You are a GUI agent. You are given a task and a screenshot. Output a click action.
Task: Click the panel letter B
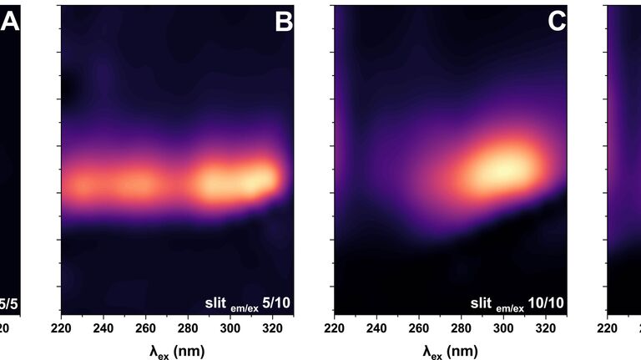pyautogui.click(x=284, y=23)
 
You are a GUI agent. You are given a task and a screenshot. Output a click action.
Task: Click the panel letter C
pyautogui.click(x=557, y=23)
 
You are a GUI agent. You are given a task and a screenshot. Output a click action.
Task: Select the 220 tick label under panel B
pyautogui.click(x=63, y=328)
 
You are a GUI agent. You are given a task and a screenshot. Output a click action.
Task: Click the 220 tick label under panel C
pyautogui.click(x=335, y=328)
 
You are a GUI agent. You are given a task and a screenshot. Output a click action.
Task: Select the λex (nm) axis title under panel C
pyautogui.click(x=450, y=351)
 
